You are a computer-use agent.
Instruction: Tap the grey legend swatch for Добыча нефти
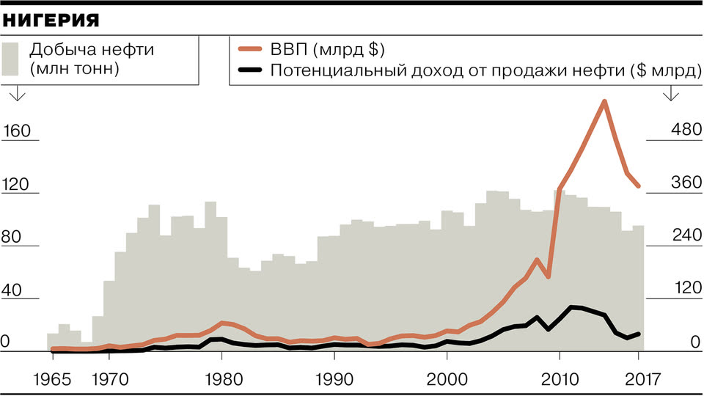click(x=10, y=59)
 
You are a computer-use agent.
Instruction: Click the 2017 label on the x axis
click(x=639, y=379)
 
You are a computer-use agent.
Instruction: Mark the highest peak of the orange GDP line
click(x=604, y=101)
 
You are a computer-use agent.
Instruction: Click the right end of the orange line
click(x=639, y=186)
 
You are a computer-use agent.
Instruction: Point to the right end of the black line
click(x=639, y=334)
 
